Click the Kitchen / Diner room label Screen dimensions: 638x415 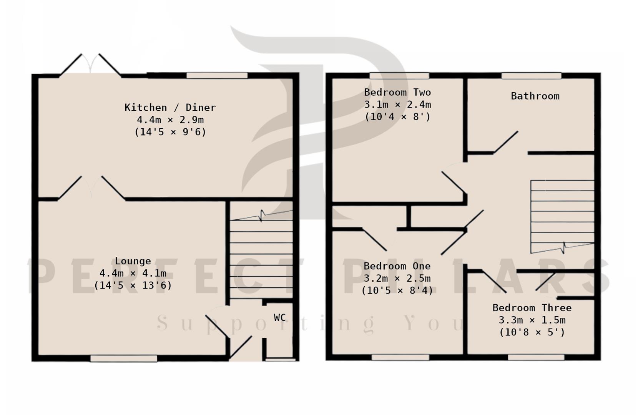(x=170, y=107)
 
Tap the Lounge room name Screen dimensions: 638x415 (x=133, y=261)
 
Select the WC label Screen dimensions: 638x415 (x=280, y=317)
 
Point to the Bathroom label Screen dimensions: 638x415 (x=535, y=96)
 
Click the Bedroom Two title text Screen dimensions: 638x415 (x=397, y=92)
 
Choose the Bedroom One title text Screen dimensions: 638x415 (x=397, y=266)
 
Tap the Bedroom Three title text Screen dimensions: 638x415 (x=532, y=308)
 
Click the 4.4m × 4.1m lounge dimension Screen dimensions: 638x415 (x=133, y=274)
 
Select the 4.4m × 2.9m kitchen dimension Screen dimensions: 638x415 (x=170, y=120)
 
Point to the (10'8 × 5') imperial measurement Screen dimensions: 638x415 (x=532, y=332)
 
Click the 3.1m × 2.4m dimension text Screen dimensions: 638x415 (x=397, y=105)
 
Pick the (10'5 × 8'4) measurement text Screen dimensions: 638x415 (x=397, y=290)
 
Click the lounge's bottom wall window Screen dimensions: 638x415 (x=124, y=358)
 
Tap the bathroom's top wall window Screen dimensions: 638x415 (x=531, y=76)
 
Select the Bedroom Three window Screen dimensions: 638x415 (x=536, y=357)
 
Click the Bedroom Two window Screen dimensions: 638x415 (x=399, y=76)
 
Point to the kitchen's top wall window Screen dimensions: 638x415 (x=217, y=75)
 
